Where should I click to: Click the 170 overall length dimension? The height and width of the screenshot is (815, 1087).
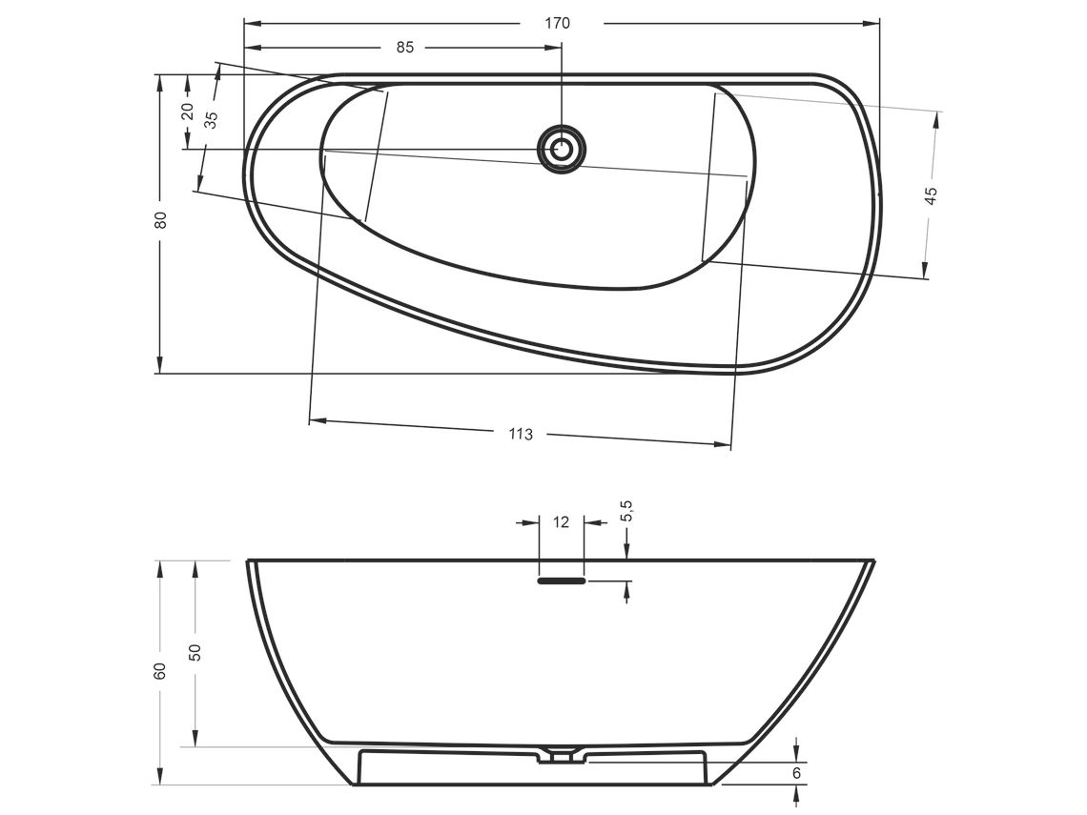[557, 24]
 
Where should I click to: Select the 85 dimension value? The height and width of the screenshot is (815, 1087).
[405, 47]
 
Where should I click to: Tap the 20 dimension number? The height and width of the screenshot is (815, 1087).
[187, 111]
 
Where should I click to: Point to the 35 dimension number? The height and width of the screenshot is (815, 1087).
[212, 119]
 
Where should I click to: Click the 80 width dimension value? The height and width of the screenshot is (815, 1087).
[161, 219]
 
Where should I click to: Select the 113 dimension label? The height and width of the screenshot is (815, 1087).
[521, 434]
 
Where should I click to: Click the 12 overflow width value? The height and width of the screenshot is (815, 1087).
[561, 521]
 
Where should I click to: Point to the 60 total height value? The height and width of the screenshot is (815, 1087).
[161, 671]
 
